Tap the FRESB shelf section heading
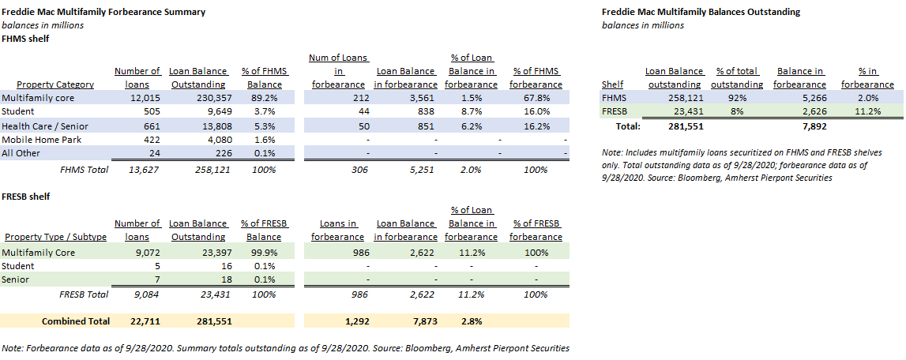click(x=27, y=196)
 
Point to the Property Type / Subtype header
click(x=55, y=237)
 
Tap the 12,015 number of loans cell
click(x=144, y=98)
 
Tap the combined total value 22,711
click(x=143, y=321)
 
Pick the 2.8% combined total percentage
click(x=472, y=321)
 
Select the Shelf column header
click(x=612, y=84)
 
